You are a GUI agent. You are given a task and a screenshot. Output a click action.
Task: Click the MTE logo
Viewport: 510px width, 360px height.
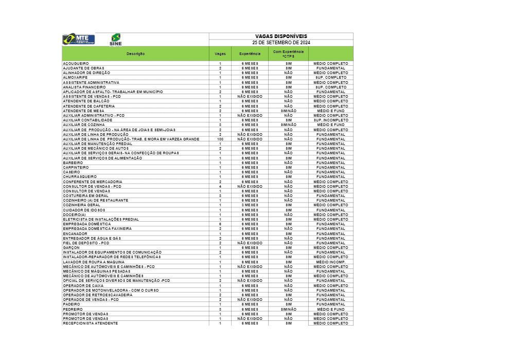point(78,40)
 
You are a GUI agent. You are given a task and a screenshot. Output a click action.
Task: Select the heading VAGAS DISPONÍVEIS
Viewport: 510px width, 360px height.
point(281,36)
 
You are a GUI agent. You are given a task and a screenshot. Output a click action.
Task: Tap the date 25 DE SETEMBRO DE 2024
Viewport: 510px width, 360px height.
point(281,42)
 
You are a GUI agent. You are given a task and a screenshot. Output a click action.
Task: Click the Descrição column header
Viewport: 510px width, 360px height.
point(136,54)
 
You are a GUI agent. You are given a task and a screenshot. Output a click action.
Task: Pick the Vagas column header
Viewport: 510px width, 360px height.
point(220,54)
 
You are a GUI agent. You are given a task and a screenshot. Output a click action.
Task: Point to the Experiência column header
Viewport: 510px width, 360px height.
point(250,54)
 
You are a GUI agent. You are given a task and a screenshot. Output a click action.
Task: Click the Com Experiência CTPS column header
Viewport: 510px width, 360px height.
point(288,54)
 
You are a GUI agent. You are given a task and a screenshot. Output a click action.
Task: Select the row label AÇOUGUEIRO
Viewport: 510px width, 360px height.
point(76,64)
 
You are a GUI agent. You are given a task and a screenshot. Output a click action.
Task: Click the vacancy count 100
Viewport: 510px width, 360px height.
point(220,139)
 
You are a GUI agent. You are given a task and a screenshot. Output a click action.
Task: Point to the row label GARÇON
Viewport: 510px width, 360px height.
point(71,247)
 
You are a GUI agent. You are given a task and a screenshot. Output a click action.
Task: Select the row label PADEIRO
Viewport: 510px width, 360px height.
point(72,304)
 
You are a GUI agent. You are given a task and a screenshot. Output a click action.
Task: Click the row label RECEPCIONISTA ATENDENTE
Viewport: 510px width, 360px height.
point(90,323)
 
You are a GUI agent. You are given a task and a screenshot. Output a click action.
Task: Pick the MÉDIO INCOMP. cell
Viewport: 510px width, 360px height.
point(331,262)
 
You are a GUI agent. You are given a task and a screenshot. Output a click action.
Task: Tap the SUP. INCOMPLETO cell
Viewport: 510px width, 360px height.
point(331,120)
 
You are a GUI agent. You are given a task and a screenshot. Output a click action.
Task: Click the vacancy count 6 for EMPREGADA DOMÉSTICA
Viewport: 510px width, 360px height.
point(220,224)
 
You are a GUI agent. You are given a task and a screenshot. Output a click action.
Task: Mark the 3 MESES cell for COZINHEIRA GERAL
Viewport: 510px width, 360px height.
point(250,205)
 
